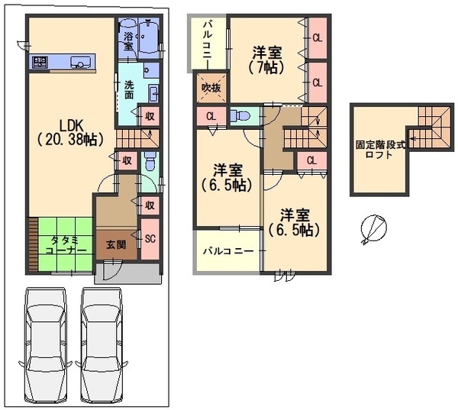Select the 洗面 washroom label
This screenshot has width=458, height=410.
[129, 90]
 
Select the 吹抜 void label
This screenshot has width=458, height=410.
[211, 88]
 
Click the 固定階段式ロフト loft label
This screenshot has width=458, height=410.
[374, 149]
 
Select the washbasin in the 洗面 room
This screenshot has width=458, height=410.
[153, 95]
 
